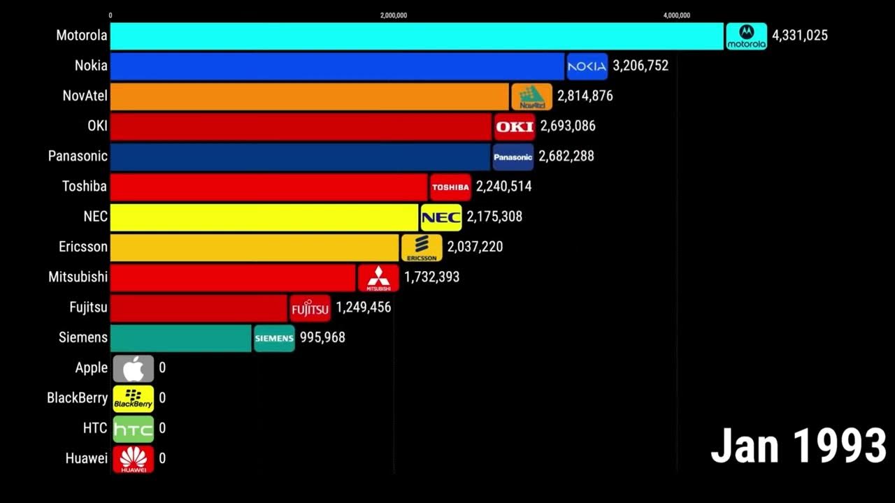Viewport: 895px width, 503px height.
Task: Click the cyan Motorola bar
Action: [x=417, y=36]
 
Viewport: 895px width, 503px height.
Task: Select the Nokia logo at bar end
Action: [x=587, y=66]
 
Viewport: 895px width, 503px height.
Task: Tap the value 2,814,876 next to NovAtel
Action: [x=585, y=96]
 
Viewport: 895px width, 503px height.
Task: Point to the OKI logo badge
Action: [x=514, y=126]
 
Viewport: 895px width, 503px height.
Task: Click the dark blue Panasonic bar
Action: [x=301, y=156]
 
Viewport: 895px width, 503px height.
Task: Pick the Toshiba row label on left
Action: [x=84, y=187]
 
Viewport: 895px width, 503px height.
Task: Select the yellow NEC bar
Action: [x=264, y=217]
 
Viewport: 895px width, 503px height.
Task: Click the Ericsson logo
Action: [x=421, y=247]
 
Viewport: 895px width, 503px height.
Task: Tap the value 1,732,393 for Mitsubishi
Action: [x=431, y=277]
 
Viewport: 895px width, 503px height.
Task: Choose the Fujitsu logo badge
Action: [x=310, y=307]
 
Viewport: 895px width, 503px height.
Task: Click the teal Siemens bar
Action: [x=181, y=337]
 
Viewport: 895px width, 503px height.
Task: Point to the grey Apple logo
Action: [x=133, y=368]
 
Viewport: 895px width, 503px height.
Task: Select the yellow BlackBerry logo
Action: [x=133, y=398]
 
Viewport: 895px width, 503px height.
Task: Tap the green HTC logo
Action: [x=133, y=428]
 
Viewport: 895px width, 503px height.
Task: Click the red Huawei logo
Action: [x=133, y=459]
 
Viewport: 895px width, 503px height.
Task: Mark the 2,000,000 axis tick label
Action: [x=394, y=15]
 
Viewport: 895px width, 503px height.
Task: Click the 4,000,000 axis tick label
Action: [x=676, y=15]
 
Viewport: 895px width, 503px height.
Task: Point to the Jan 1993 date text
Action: [x=798, y=446]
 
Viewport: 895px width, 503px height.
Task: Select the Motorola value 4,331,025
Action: [x=799, y=36]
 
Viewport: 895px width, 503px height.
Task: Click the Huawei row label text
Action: [x=86, y=459]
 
